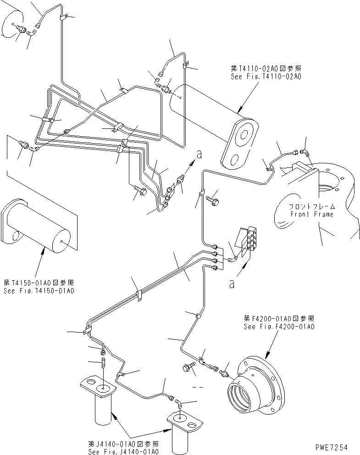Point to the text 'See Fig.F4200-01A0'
[x=279, y=327]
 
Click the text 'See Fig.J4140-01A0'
[x=124, y=451]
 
